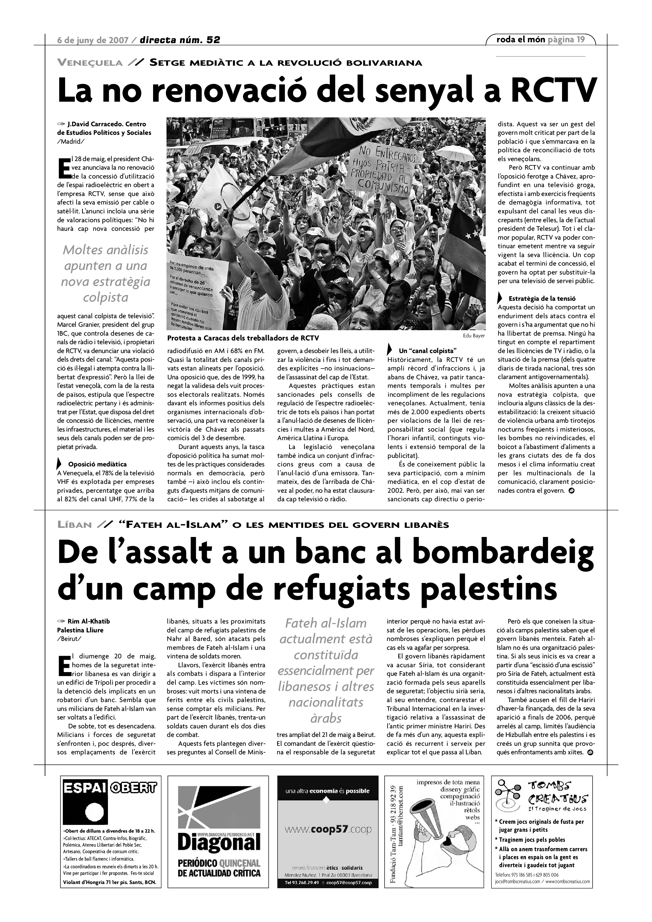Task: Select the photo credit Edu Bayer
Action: pos(474,336)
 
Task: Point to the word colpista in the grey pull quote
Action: pos(106,297)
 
